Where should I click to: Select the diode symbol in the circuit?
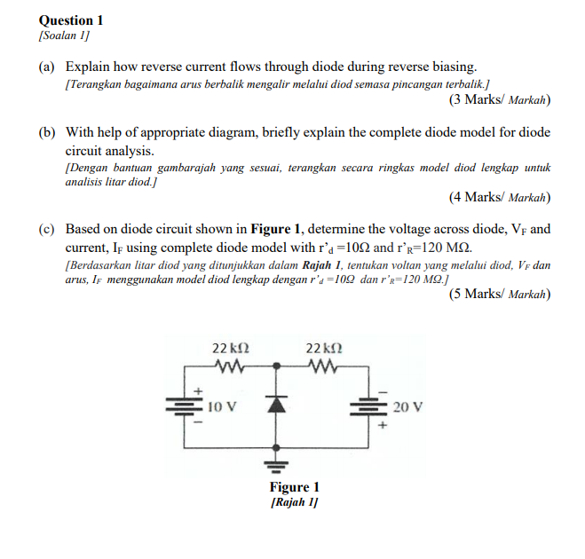(x=277, y=405)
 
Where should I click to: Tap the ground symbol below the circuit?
(x=277, y=464)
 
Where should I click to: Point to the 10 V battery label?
(x=222, y=407)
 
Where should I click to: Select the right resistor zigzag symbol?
(x=321, y=366)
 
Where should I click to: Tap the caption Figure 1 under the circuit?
(x=295, y=487)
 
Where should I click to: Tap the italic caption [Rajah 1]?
(x=295, y=501)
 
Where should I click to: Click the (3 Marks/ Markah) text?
(x=500, y=99)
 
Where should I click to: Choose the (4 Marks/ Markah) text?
(x=500, y=196)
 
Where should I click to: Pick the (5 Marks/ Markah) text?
(x=500, y=294)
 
